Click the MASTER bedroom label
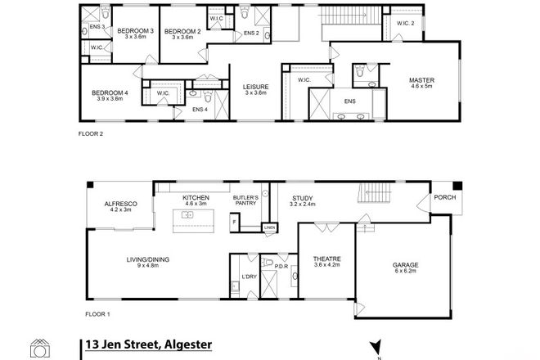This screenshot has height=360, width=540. click(x=421, y=80)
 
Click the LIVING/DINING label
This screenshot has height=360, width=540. click(x=147, y=260)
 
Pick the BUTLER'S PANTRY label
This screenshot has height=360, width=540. click(x=247, y=200)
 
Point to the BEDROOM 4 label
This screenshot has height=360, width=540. click(x=110, y=93)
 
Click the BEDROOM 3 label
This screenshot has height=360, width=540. click(x=134, y=31)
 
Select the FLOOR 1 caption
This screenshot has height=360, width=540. click(x=97, y=314)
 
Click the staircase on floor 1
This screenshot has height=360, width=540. click(x=377, y=195)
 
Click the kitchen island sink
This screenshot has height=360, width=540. click(x=187, y=215)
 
